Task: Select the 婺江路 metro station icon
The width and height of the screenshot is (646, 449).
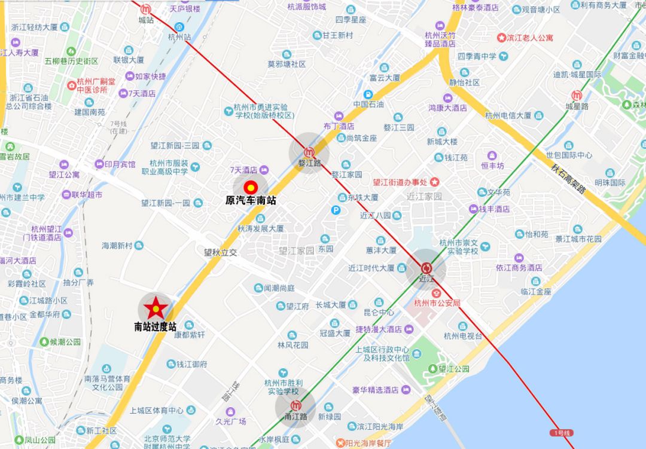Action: [x=309, y=152]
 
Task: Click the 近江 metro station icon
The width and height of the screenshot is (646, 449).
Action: [x=426, y=268]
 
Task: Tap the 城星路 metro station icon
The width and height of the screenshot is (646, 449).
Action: [x=577, y=95]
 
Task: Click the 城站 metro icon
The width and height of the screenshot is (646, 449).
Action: [x=146, y=9]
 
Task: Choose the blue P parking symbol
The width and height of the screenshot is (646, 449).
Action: [x=337, y=210]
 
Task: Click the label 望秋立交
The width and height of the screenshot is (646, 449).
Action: [x=220, y=252]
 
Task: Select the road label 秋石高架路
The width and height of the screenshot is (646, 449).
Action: [x=568, y=178]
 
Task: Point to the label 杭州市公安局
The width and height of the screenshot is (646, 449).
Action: [x=438, y=304]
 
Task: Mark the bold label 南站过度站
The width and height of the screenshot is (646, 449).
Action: [x=156, y=326]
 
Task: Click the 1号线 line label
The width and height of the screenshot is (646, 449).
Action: [x=561, y=432]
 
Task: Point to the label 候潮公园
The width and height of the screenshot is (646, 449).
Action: [x=65, y=342]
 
